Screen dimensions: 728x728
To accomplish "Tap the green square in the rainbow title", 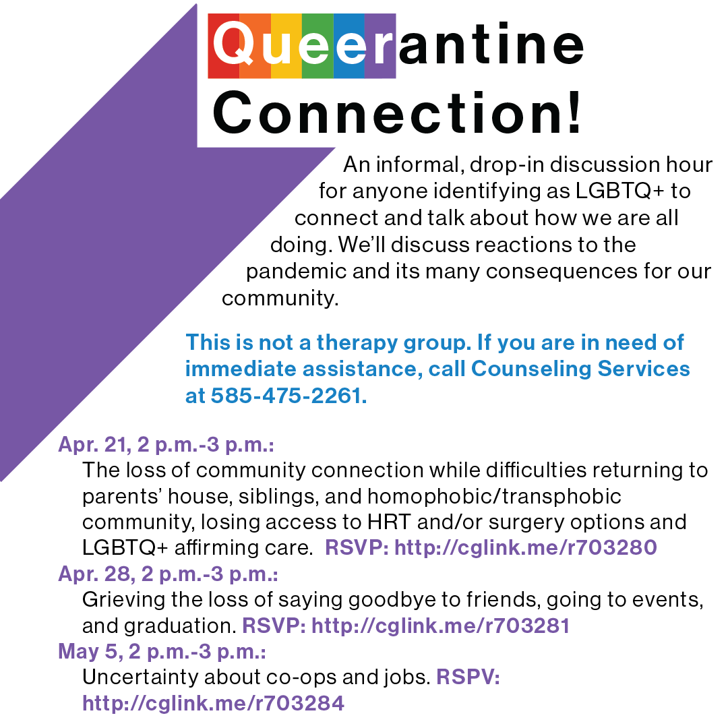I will pos(317,46).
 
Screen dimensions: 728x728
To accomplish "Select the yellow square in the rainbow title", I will pos(286,46).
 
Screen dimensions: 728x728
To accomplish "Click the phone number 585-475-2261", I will pos(289,396).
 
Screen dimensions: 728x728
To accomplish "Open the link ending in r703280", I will pos(525,548).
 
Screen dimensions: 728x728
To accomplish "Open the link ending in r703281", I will pos(441,626).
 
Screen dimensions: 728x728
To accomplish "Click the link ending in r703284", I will pos(213,703).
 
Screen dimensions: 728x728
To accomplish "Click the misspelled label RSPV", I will pos(468,676).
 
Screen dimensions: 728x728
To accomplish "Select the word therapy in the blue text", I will pos(361,342).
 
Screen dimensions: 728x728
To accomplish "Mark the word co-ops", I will pos(301,676).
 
